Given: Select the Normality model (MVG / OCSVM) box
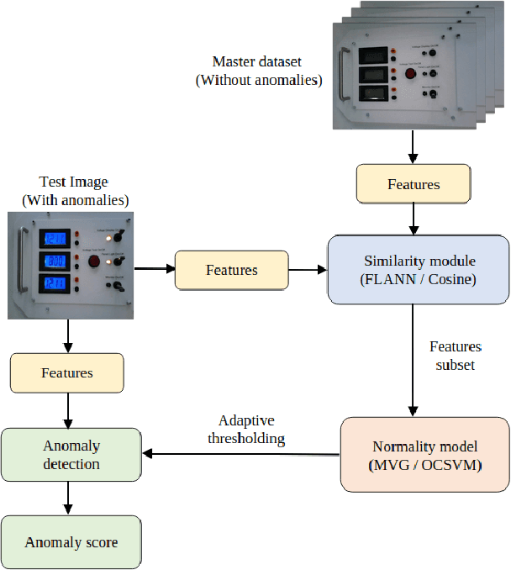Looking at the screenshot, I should point(424,454).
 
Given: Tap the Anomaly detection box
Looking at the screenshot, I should point(71,454).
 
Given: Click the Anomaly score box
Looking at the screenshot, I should point(71,542).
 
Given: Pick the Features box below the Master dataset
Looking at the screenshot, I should point(413,184).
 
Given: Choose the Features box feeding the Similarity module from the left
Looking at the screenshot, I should point(231,270).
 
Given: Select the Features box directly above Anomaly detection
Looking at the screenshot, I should point(66,372).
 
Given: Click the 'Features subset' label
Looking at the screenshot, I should point(456,356).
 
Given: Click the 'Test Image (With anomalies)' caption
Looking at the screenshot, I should point(74,191).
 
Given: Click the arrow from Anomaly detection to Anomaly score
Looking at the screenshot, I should point(67,498).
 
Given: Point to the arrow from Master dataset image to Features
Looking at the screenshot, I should point(413,145).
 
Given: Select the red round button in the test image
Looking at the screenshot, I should point(94,261).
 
